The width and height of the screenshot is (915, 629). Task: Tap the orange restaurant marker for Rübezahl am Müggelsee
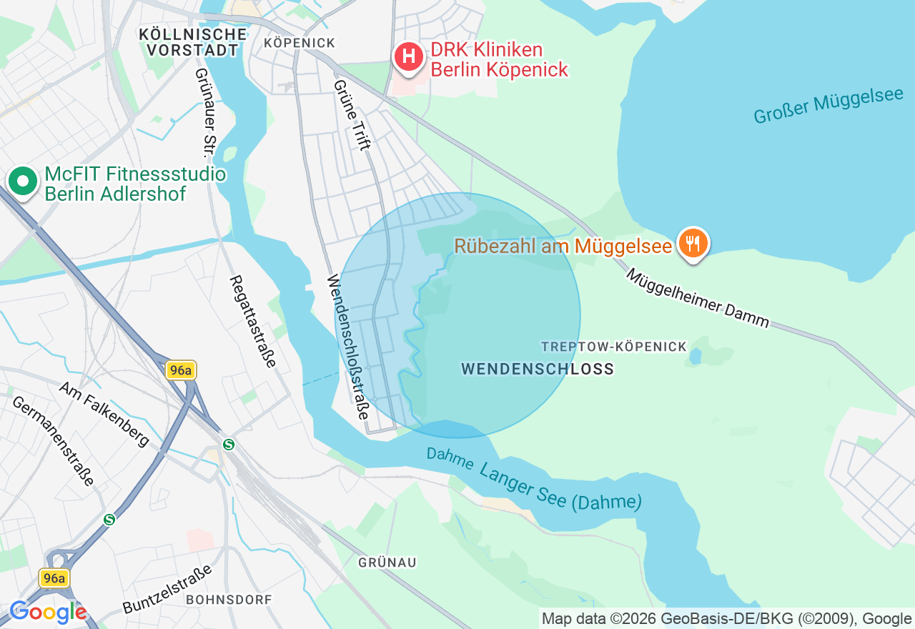coord(692,244)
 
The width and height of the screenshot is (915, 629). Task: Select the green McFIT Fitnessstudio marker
coord(24,182)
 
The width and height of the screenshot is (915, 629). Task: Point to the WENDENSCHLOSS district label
coord(538,369)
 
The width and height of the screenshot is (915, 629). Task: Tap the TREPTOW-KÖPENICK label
coord(613,347)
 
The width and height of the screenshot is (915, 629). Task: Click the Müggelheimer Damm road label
coord(697,298)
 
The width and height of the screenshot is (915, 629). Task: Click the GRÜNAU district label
coord(387,563)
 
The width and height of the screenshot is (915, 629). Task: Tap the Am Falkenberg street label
coord(104,413)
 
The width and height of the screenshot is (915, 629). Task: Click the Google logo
coord(48,612)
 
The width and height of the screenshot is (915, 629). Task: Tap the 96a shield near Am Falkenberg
coord(181,370)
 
